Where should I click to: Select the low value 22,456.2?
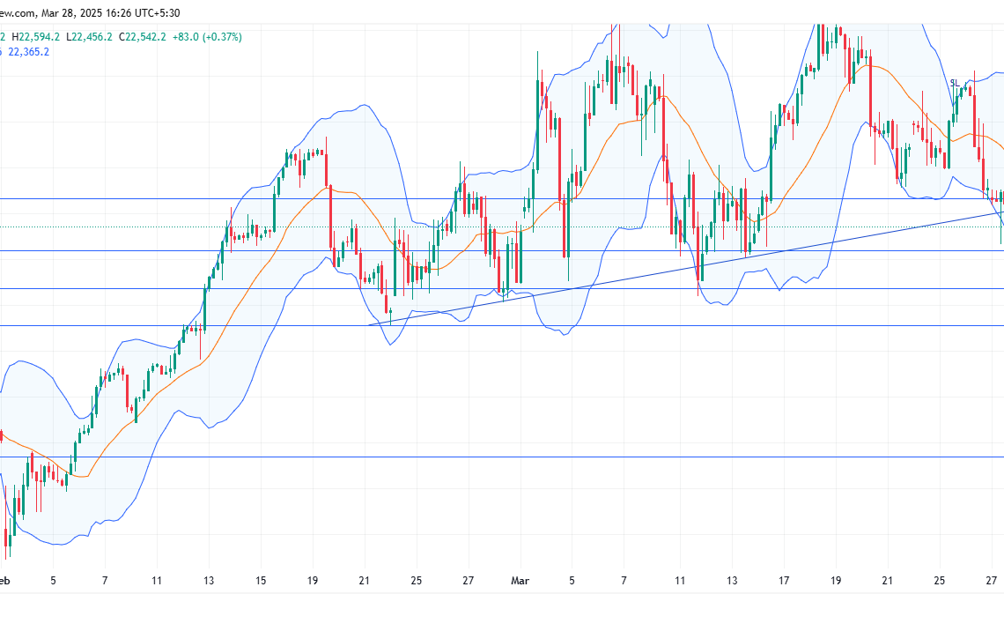(x=92, y=37)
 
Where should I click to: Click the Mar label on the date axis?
(x=520, y=581)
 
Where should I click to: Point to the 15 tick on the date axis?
(x=261, y=581)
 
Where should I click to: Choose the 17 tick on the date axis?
(x=783, y=581)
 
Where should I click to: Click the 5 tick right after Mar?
(x=572, y=581)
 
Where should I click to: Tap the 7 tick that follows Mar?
(x=624, y=581)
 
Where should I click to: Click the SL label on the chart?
(x=954, y=83)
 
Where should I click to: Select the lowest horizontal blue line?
(x=528, y=457)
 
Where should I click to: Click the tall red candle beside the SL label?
(x=975, y=110)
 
